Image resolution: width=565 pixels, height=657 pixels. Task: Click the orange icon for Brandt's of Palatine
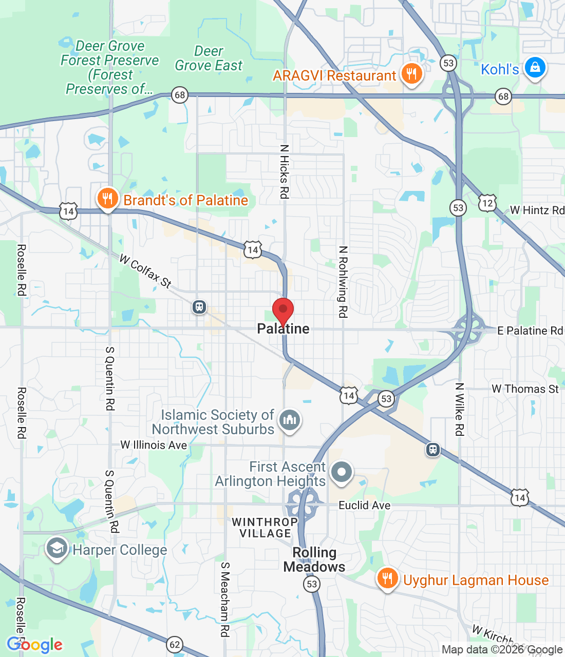[x=107, y=199]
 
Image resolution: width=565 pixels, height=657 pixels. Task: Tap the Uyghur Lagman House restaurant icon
[x=387, y=578]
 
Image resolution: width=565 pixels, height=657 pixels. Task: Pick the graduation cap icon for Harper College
[x=56, y=549]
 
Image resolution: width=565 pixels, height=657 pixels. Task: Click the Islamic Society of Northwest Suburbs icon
[x=290, y=420]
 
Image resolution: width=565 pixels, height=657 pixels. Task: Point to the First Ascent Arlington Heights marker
[x=342, y=472]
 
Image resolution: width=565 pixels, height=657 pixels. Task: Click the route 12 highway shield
[x=487, y=203]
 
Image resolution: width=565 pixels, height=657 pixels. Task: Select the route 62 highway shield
[x=175, y=645]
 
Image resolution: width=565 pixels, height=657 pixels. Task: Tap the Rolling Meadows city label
[x=314, y=559]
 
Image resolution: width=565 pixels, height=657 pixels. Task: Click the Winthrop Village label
[x=265, y=528]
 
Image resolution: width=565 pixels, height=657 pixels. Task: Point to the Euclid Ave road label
[x=364, y=505]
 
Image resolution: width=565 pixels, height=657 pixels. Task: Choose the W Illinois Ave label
[x=154, y=445]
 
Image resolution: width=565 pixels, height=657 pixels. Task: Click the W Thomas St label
[x=525, y=389]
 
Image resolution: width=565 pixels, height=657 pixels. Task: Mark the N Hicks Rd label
[x=284, y=171]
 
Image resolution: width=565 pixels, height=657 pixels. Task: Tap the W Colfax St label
[x=145, y=270]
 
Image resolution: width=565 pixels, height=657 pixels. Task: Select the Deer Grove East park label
[x=209, y=59]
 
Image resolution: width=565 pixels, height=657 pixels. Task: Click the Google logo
[x=34, y=645]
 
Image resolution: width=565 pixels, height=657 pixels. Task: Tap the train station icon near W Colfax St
[x=199, y=307]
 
